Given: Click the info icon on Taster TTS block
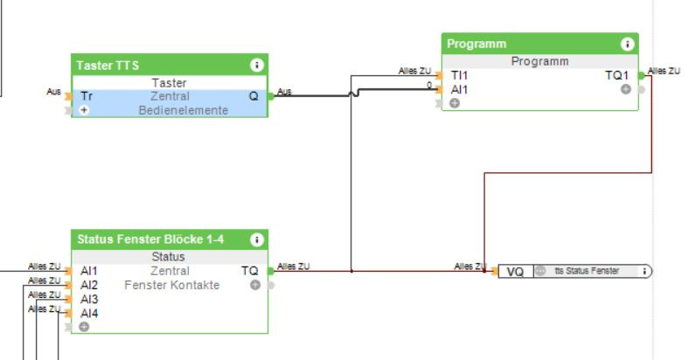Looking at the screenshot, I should [x=256, y=65].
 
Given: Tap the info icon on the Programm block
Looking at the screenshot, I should [x=627, y=44].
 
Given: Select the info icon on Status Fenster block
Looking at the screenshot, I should [x=256, y=239].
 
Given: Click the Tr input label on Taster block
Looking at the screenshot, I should [x=86, y=96].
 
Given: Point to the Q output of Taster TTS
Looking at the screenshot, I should [x=254, y=96].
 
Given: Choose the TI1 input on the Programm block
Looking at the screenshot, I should [x=459, y=76].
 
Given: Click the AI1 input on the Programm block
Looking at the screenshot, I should [x=459, y=89].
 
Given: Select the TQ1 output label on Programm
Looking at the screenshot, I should [x=616, y=76].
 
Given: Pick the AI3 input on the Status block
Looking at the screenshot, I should [x=89, y=300].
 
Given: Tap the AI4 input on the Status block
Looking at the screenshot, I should [x=89, y=313].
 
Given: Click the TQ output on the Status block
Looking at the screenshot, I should [x=249, y=271].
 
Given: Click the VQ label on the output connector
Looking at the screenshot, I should [x=515, y=272].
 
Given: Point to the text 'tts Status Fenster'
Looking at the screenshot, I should [x=587, y=272].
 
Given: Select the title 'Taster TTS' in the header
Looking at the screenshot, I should [x=108, y=65].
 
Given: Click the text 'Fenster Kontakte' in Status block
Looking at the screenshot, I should [x=171, y=285].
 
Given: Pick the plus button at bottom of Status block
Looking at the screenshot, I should [x=84, y=327].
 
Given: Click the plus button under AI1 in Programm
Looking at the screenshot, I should [x=455, y=103].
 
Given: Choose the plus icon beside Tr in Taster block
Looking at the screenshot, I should [x=84, y=110].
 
